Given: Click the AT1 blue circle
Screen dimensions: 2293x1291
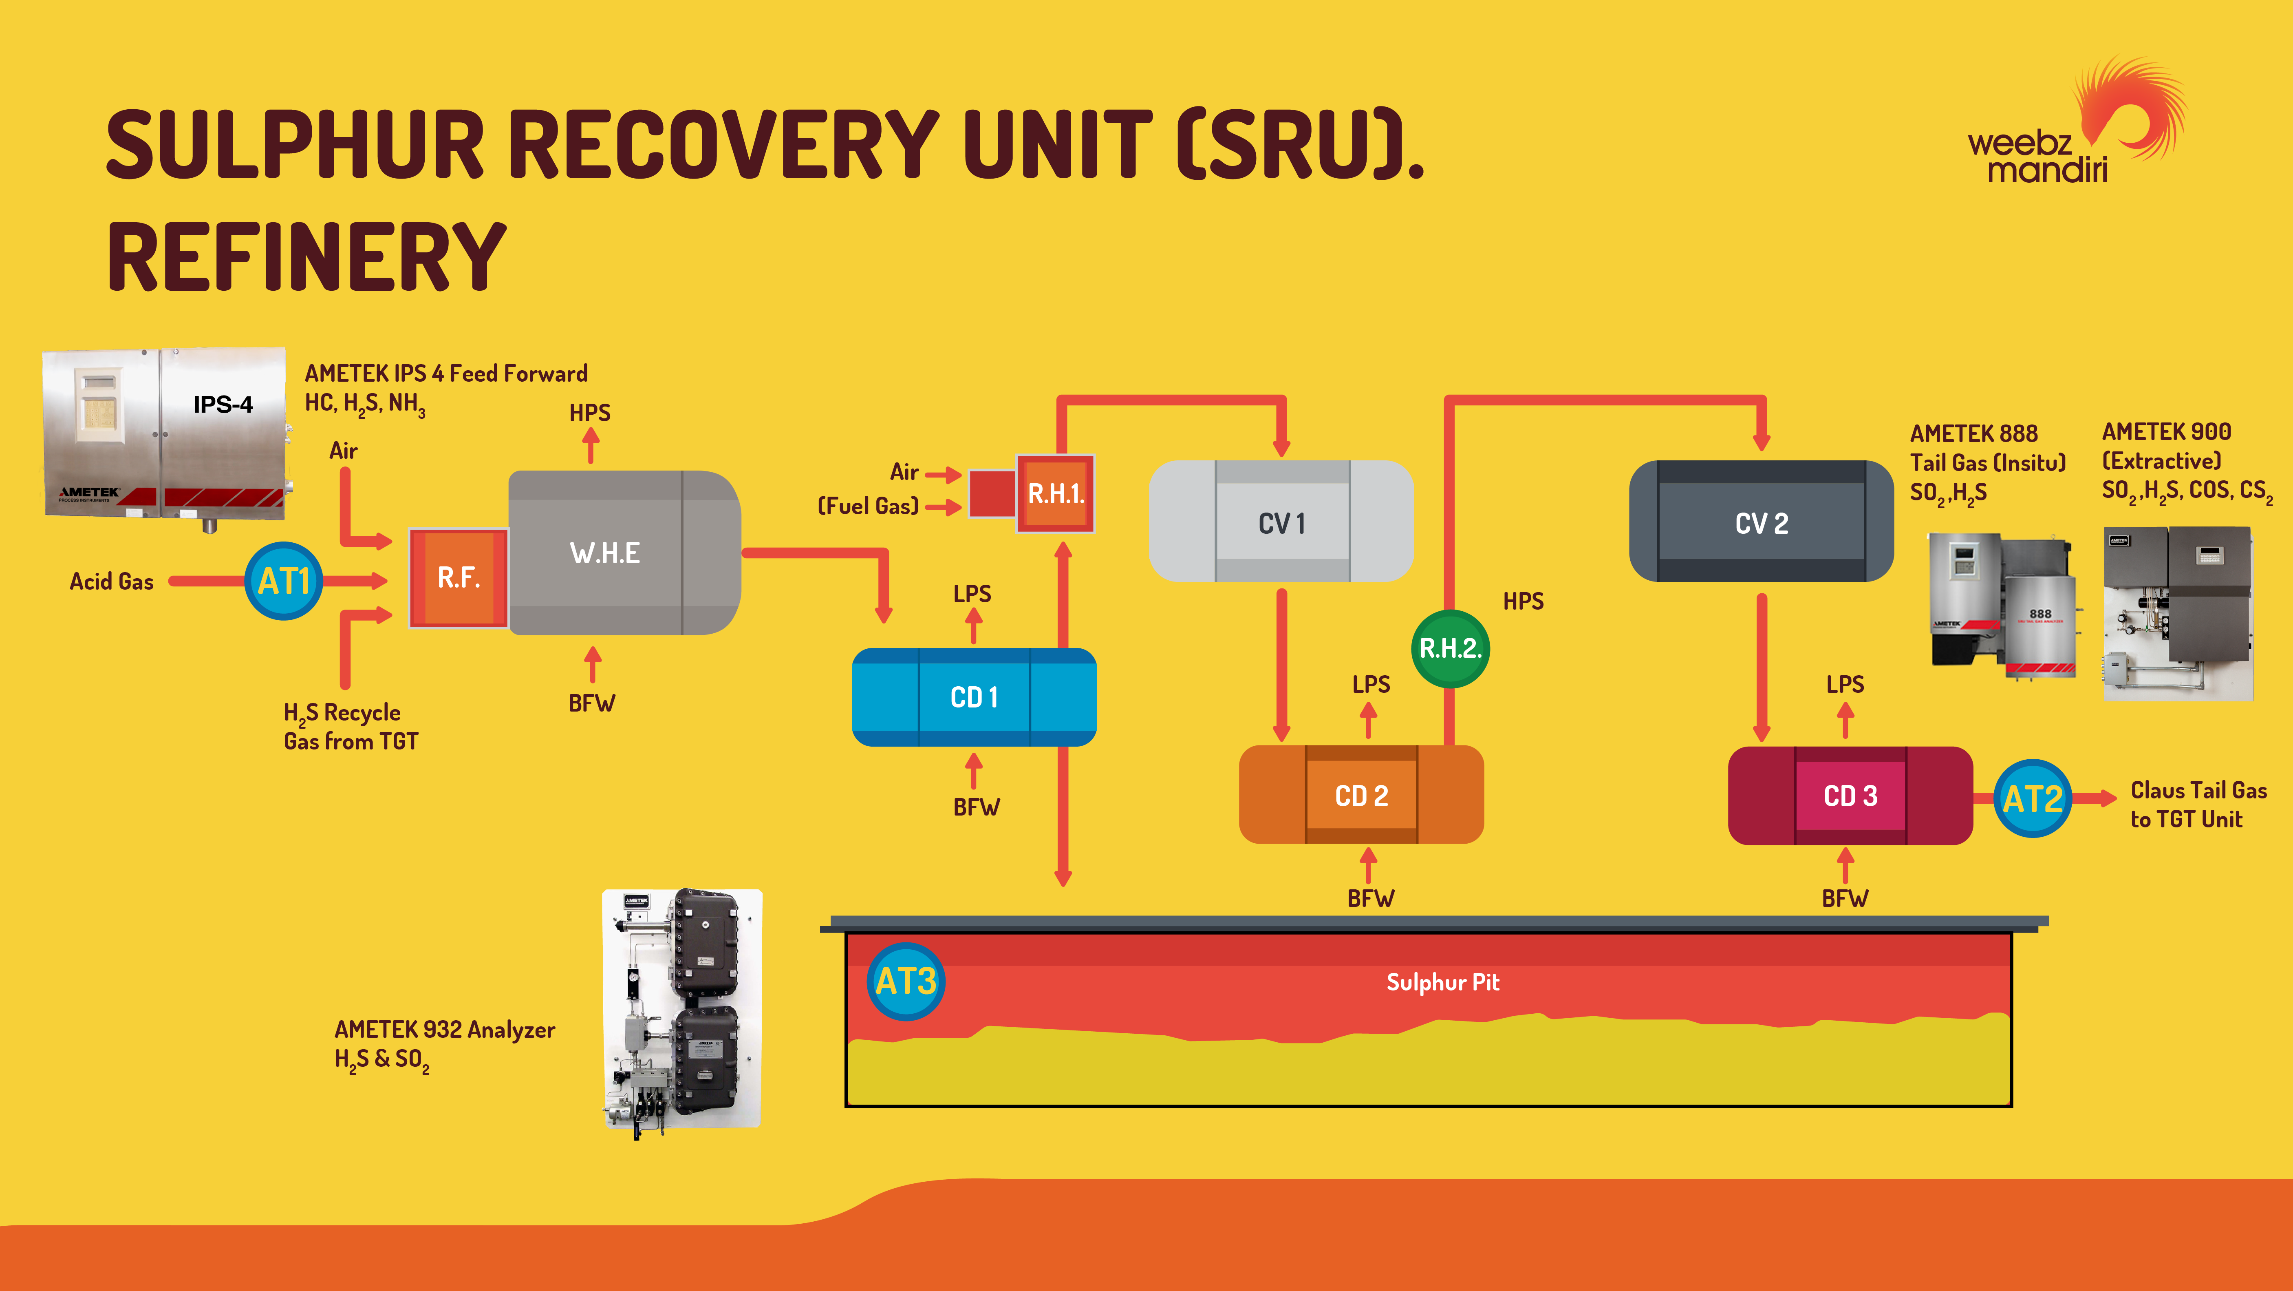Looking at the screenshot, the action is point(284,581).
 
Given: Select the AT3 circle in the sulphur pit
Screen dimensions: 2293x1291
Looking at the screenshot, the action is point(905,981).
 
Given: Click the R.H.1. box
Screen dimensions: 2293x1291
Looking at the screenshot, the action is point(1056,493).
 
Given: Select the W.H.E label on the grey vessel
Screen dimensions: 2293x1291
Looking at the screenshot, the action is point(605,553).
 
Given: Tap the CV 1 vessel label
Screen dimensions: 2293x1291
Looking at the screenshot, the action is point(1282,524).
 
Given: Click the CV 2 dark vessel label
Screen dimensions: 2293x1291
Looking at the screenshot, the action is point(1762,524).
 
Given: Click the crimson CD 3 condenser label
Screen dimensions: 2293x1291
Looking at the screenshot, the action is point(1851,796).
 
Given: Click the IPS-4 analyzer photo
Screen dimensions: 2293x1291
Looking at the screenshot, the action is point(168,439).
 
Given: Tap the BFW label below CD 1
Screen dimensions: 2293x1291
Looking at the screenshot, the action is point(977,807).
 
